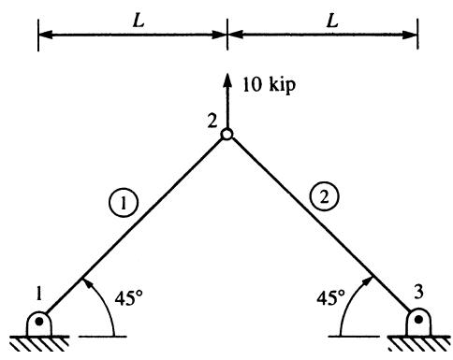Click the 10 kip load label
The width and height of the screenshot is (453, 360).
pyautogui.click(x=269, y=84)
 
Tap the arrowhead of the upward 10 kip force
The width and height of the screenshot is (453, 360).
pyautogui.click(x=227, y=79)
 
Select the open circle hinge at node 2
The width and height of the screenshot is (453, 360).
pyautogui.click(x=226, y=135)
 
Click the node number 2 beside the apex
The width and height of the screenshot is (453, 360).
pyautogui.click(x=212, y=121)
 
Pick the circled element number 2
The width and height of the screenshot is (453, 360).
pyautogui.click(x=325, y=197)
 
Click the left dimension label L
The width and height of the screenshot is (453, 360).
pyautogui.click(x=139, y=22)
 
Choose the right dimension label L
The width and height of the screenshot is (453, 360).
pyautogui.click(x=333, y=22)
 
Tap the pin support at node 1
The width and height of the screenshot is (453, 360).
pyautogui.click(x=39, y=324)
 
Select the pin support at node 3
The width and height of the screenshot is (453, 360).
pyautogui.click(x=418, y=322)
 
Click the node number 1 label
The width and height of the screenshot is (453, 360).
pyautogui.click(x=38, y=293)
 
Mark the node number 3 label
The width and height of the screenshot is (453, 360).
pyautogui.click(x=418, y=292)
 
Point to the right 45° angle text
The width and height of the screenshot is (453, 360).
pyautogui.click(x=330, y=297)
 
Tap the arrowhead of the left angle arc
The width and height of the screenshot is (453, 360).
pyautogui.click(x=87, y=283)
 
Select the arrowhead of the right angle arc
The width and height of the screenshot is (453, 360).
pyautogui.click(x=368, y=281)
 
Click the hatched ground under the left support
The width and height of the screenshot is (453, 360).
pyautogui.click(x=39, y=343)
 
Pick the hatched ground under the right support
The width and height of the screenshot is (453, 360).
pyautogui.click(x=418, y=343)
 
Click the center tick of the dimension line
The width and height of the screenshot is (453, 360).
pyautogui.click(x=227, y=35)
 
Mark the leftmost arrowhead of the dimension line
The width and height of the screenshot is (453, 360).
pyautogui.click(x=46, y=35)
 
